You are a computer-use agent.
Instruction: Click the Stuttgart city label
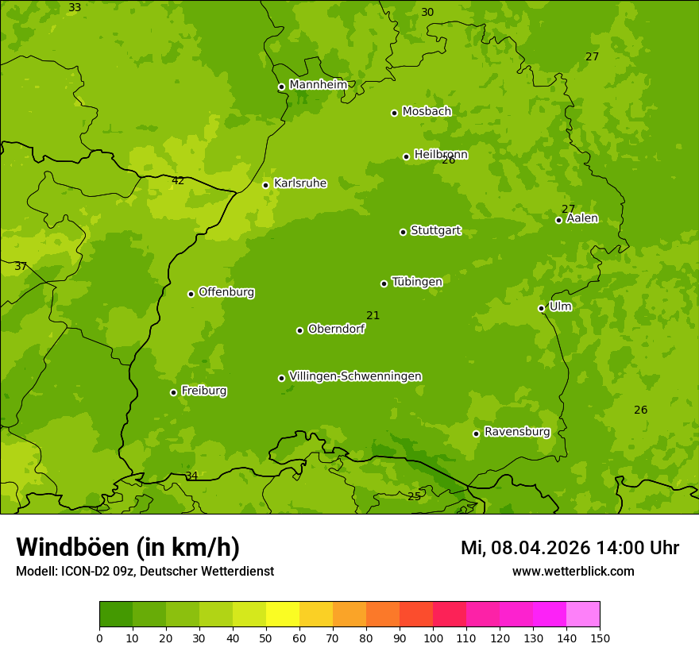point(435,231)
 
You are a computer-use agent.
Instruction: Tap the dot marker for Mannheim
point(281,87)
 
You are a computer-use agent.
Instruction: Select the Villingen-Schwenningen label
point(355,376)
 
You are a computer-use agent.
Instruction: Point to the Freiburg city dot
point(173,392)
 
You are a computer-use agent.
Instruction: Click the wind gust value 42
point(178,181)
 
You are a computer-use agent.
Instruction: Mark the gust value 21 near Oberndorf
point(373,316)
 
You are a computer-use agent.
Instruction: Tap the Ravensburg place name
point(517,432)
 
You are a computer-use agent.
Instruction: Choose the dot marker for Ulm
point(541,308)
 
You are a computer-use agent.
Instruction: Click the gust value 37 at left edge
point(21,267)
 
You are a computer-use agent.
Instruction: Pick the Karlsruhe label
point(300,183)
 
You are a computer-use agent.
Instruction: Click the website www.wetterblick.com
point(573,572)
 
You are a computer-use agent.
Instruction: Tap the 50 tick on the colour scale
point(266,638)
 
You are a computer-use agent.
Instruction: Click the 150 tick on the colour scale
point(600,638)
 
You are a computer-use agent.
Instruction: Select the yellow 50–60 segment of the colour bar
point(283,615)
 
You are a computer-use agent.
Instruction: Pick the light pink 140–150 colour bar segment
point(583,615)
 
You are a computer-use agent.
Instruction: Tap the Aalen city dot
point(558,220)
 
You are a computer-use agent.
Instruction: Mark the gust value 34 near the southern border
point(191,476)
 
